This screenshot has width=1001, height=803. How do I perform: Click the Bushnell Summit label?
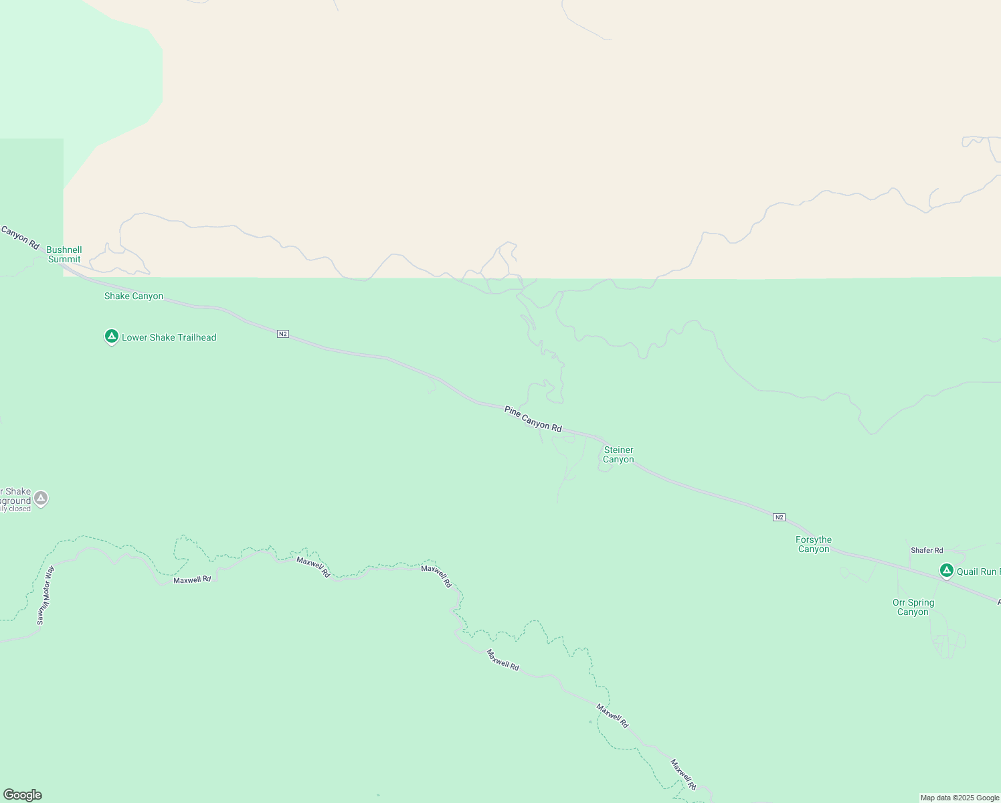click(64, 254)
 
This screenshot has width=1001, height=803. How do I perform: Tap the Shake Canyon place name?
click(134, 296)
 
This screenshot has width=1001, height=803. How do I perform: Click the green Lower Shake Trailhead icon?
click(112, 336)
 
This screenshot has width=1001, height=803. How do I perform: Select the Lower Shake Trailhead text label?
click(169, 337)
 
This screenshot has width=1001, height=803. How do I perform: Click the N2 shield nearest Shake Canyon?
click(283, 333)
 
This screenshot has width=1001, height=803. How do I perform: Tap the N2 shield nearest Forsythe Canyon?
click(779, 517)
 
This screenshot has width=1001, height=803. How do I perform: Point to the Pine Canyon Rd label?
click(533, 418)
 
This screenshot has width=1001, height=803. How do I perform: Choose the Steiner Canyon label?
click(618, 454)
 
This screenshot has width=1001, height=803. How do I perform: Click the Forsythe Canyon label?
click(814, 544)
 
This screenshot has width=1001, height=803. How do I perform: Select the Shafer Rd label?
click(927, 550)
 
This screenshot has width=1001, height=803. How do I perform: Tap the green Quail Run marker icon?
click(946, 570)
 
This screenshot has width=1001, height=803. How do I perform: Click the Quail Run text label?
click(978, 571)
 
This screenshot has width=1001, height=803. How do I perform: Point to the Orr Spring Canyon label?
click(913, 607)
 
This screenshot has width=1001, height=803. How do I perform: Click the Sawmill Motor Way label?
click(45, 596)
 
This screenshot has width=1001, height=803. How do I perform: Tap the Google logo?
click(23, 795)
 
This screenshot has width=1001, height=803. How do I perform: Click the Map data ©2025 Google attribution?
click(960, 798)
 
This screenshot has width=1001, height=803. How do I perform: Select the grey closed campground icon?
click(41, 498)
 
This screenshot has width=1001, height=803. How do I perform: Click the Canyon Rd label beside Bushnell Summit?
click(20, 238)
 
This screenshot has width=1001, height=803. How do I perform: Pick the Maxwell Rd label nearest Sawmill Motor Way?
click(192, 579)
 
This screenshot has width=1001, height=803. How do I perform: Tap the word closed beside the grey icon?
click(20, 509)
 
